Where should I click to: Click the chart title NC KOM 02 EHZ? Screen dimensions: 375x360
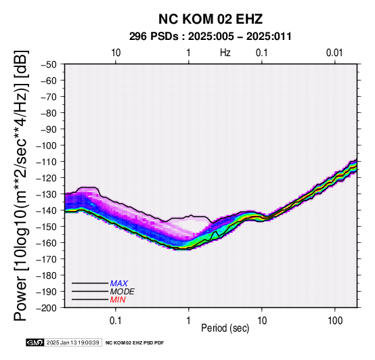[x=211, y=19]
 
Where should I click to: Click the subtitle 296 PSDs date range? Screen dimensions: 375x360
[x=211, y=37]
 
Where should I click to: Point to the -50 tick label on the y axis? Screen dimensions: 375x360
[x=49, y=64]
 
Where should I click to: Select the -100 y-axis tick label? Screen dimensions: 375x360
[x=47, y=145]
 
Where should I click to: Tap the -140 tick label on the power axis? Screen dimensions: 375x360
[x=47, y=210]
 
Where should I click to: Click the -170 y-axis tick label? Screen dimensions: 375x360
[x=47, y=259]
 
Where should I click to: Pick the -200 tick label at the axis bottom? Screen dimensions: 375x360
[x=47, y=308]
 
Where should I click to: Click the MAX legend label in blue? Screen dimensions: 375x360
[x=119, y=284]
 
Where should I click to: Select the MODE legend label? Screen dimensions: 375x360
[x=123, y=292]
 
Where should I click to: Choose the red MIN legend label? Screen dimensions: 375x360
[x=118, y=300]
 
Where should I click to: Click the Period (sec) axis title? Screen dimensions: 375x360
[x=225, y=328]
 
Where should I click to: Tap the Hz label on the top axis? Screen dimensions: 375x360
[x=225, y=53]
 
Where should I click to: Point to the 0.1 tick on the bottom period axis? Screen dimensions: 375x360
[x=116, y=321]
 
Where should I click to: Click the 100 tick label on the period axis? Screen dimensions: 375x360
[x=335, y=321]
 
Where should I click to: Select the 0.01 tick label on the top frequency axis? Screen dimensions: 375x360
[x=334, y=53]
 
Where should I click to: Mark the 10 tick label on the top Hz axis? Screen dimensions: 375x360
[x=116, y=53]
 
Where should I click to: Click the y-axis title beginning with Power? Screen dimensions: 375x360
[x=21, y=185]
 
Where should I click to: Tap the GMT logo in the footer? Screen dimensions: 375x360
[x=35, y=342]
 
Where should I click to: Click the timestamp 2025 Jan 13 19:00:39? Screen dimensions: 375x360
[x=73, y=342]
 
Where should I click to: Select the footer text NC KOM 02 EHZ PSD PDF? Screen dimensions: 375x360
[x=135, y=343]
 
